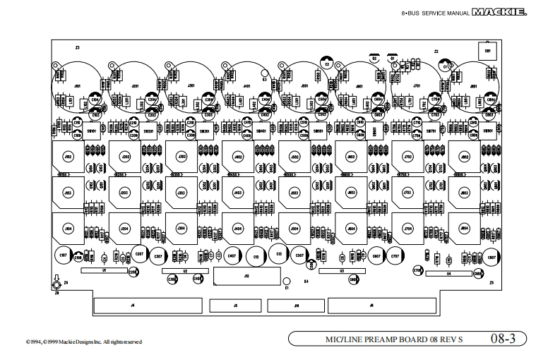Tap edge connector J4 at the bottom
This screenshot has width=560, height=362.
pos(132,305)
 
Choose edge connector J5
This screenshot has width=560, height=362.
pos(235,305)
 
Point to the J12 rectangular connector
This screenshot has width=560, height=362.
pos(246,277)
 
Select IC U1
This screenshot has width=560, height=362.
pos(104,270)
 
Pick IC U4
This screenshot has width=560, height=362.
pos(448,274)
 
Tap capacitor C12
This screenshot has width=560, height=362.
pos(256,255)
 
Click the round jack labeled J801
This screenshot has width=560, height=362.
pos(471,86)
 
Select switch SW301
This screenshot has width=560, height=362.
pos(205,131)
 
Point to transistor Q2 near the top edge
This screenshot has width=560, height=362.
pos(374,59)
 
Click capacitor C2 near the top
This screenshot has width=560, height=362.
pos(326,64)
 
